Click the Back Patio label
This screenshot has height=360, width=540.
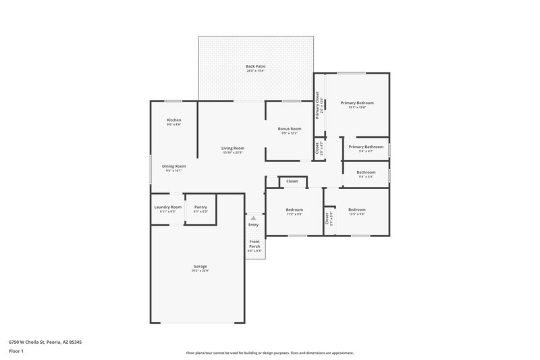[256, 67]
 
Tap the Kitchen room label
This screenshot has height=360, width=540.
[174, 120]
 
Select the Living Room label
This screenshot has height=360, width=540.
[233, 149]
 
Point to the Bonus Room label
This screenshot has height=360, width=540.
[290, 128]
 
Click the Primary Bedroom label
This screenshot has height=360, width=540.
[356, 103]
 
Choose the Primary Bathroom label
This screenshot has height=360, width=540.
[366, 147]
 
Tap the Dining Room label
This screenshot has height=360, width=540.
[173, 166]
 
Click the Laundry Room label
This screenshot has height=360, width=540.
[167, 207]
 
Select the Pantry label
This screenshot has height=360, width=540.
[200, 207]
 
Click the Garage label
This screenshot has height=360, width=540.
[200, 267]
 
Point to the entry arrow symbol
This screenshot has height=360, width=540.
[253, 218]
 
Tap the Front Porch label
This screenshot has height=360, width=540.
[254, 244]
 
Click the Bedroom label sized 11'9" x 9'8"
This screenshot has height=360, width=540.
[294, 210]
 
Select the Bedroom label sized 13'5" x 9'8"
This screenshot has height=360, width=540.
[356, 210]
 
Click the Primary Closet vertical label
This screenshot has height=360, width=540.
[317, 103]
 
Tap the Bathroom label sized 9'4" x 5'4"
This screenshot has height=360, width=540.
[366, 173]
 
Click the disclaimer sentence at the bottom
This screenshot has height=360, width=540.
[269, 353]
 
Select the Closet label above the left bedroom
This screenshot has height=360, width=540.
[292, 182]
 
